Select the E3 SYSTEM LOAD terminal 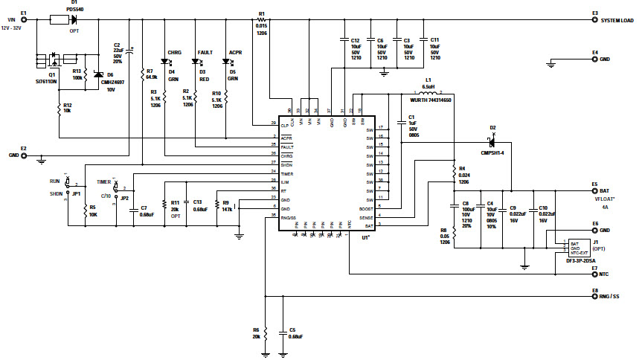(594, 20)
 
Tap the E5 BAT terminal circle (594, 191)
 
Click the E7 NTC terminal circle (594, 274)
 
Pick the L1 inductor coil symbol (427, 94)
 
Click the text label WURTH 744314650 (431, 100)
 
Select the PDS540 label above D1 (74, 8)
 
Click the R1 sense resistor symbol (262, 20)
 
